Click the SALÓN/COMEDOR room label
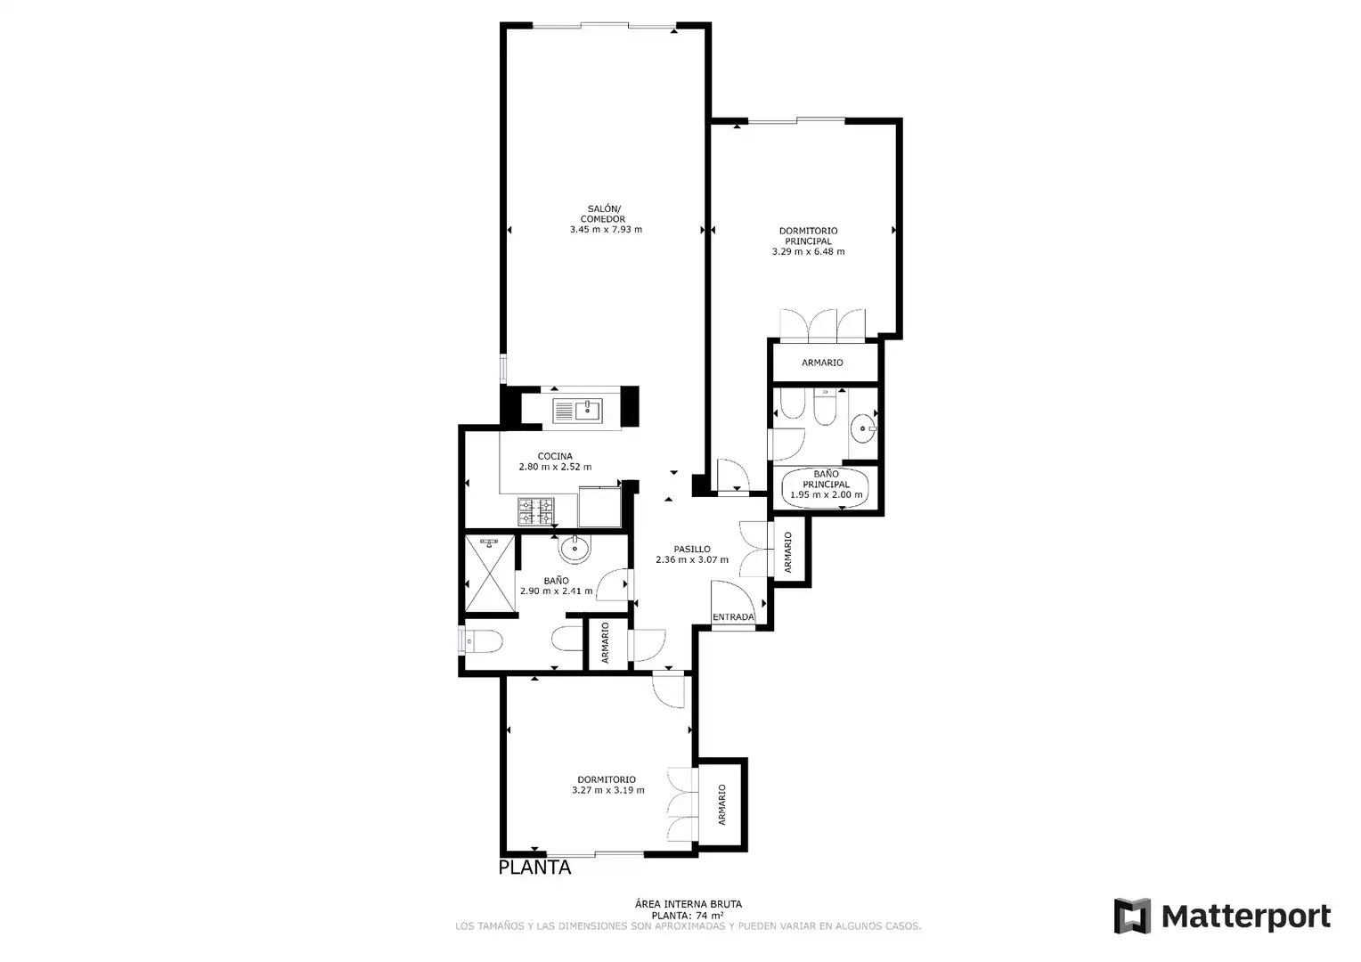pos(603,214)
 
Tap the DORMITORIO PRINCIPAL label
pos(808,236)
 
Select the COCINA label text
pos(555,456)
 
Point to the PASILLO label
pos(692,550)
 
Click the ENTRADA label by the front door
pos(733,616)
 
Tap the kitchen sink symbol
pos(577,411)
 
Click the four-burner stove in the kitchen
pos(536,511)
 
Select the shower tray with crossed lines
pos(490,574)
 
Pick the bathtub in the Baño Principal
pos(825,487)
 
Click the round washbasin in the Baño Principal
pos(863,428)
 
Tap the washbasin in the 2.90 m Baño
pos(575,549)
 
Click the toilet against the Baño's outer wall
pos(481,640)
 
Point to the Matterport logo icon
pos(1132,915)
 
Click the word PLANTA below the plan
pos(534,868)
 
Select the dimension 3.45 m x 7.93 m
pos(606,230)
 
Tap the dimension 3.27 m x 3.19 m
pos(608,790)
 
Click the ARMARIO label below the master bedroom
pos(822,363)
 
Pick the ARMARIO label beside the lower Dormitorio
pos(721,804)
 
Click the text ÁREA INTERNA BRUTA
pos(689,904)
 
